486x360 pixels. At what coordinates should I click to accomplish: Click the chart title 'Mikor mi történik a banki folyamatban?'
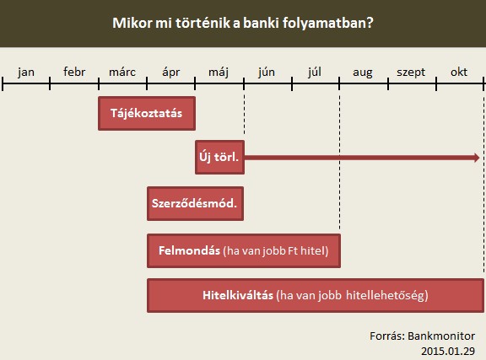(x=243, y=24)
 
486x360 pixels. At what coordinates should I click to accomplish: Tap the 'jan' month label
(x=26, y=73)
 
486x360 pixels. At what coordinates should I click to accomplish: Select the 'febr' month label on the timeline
(x=74, y=72)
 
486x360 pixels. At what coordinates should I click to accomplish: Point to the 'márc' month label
(x=122, y=72)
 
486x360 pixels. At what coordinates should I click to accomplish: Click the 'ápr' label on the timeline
(x=170, y=73)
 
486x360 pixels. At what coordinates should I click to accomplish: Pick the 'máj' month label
(x=219, y=73)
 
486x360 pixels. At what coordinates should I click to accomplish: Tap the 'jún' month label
(x=267, y=73)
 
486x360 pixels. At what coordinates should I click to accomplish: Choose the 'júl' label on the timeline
(x=314, y=73)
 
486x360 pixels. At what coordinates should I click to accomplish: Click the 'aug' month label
(x=363, y=73)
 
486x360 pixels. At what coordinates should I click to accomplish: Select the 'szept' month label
(x=411, y=73)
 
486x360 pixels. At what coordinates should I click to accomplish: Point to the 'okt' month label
(x=459, y=72)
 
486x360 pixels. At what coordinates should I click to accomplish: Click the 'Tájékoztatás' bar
(x=147, y=113)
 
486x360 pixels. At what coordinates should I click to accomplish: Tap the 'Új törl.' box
(x=219, y=157)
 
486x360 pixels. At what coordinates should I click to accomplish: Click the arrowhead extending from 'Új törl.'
(x=477, y=158)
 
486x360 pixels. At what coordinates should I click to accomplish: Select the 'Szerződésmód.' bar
(x=195, y=203)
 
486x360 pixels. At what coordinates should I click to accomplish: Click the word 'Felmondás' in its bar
(x=189, y=250)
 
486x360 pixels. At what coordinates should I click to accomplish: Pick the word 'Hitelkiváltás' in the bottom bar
(x=238, y=295)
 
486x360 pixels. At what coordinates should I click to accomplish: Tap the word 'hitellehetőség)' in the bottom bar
(x=387, y=295)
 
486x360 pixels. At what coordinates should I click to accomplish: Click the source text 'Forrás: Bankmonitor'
(x=422, y=336)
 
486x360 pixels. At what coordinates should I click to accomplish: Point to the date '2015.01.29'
(x=448, y=351)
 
